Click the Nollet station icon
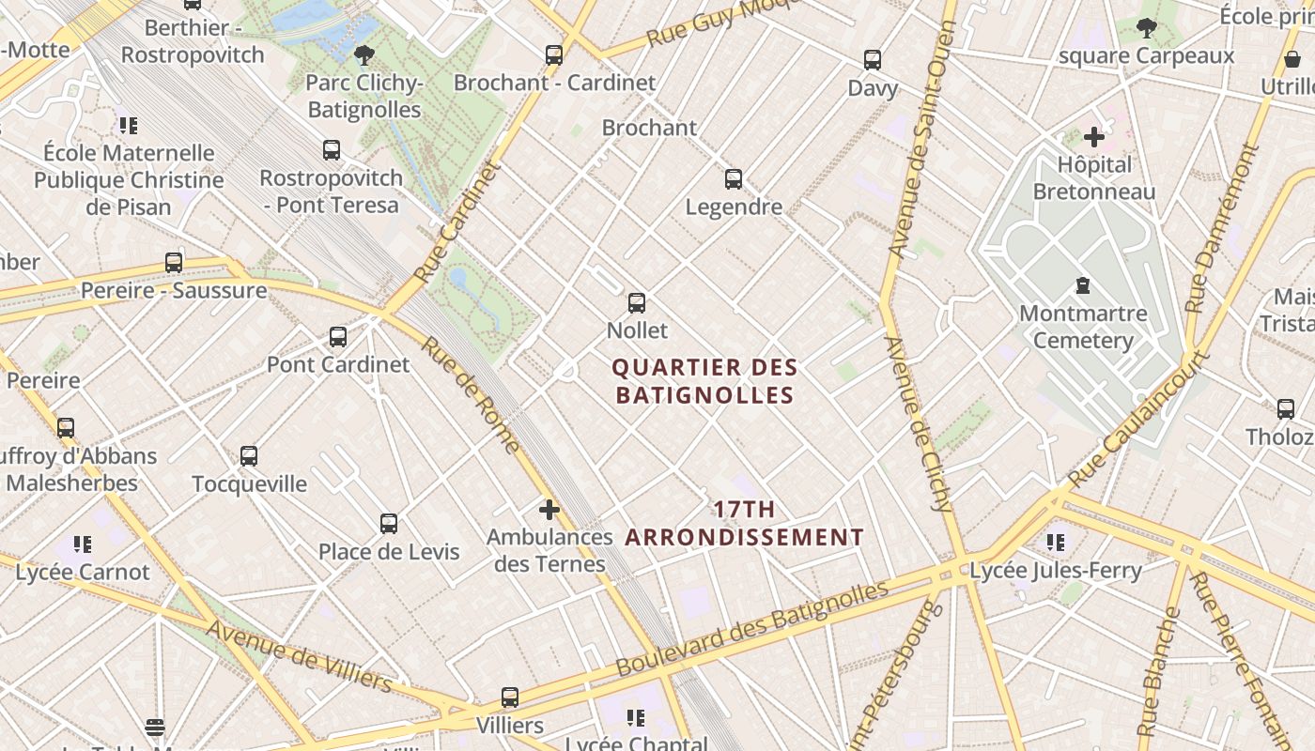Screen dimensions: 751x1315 [x=637, y=303]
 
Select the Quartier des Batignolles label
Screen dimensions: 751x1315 [x=704, y=381]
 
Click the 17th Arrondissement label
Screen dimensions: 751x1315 [x=744, y=524]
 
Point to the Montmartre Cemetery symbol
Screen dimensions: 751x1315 [x=1083, y=285]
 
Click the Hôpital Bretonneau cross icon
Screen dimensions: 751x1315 [x=1094, y=137]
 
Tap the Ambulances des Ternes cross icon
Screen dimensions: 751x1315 [x=549, y=510]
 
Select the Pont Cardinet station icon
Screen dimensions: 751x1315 [x=338, y=337]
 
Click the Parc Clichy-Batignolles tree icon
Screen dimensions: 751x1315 [x=364, y=55]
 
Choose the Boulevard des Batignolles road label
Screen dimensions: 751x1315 [x=751, y=629]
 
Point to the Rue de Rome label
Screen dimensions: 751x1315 [x=470, y=394]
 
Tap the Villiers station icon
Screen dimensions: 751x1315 [x=510, y=697]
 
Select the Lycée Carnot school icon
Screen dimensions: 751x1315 [x=83, y=544]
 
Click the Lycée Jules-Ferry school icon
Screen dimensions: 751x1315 [x=1056, y=543]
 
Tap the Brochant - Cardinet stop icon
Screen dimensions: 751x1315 [x=554, y=55]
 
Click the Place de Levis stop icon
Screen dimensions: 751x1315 [x=389, y=524]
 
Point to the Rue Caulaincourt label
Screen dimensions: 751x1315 [x=1137, y=419]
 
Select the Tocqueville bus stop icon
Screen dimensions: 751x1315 [x=249, y=456]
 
